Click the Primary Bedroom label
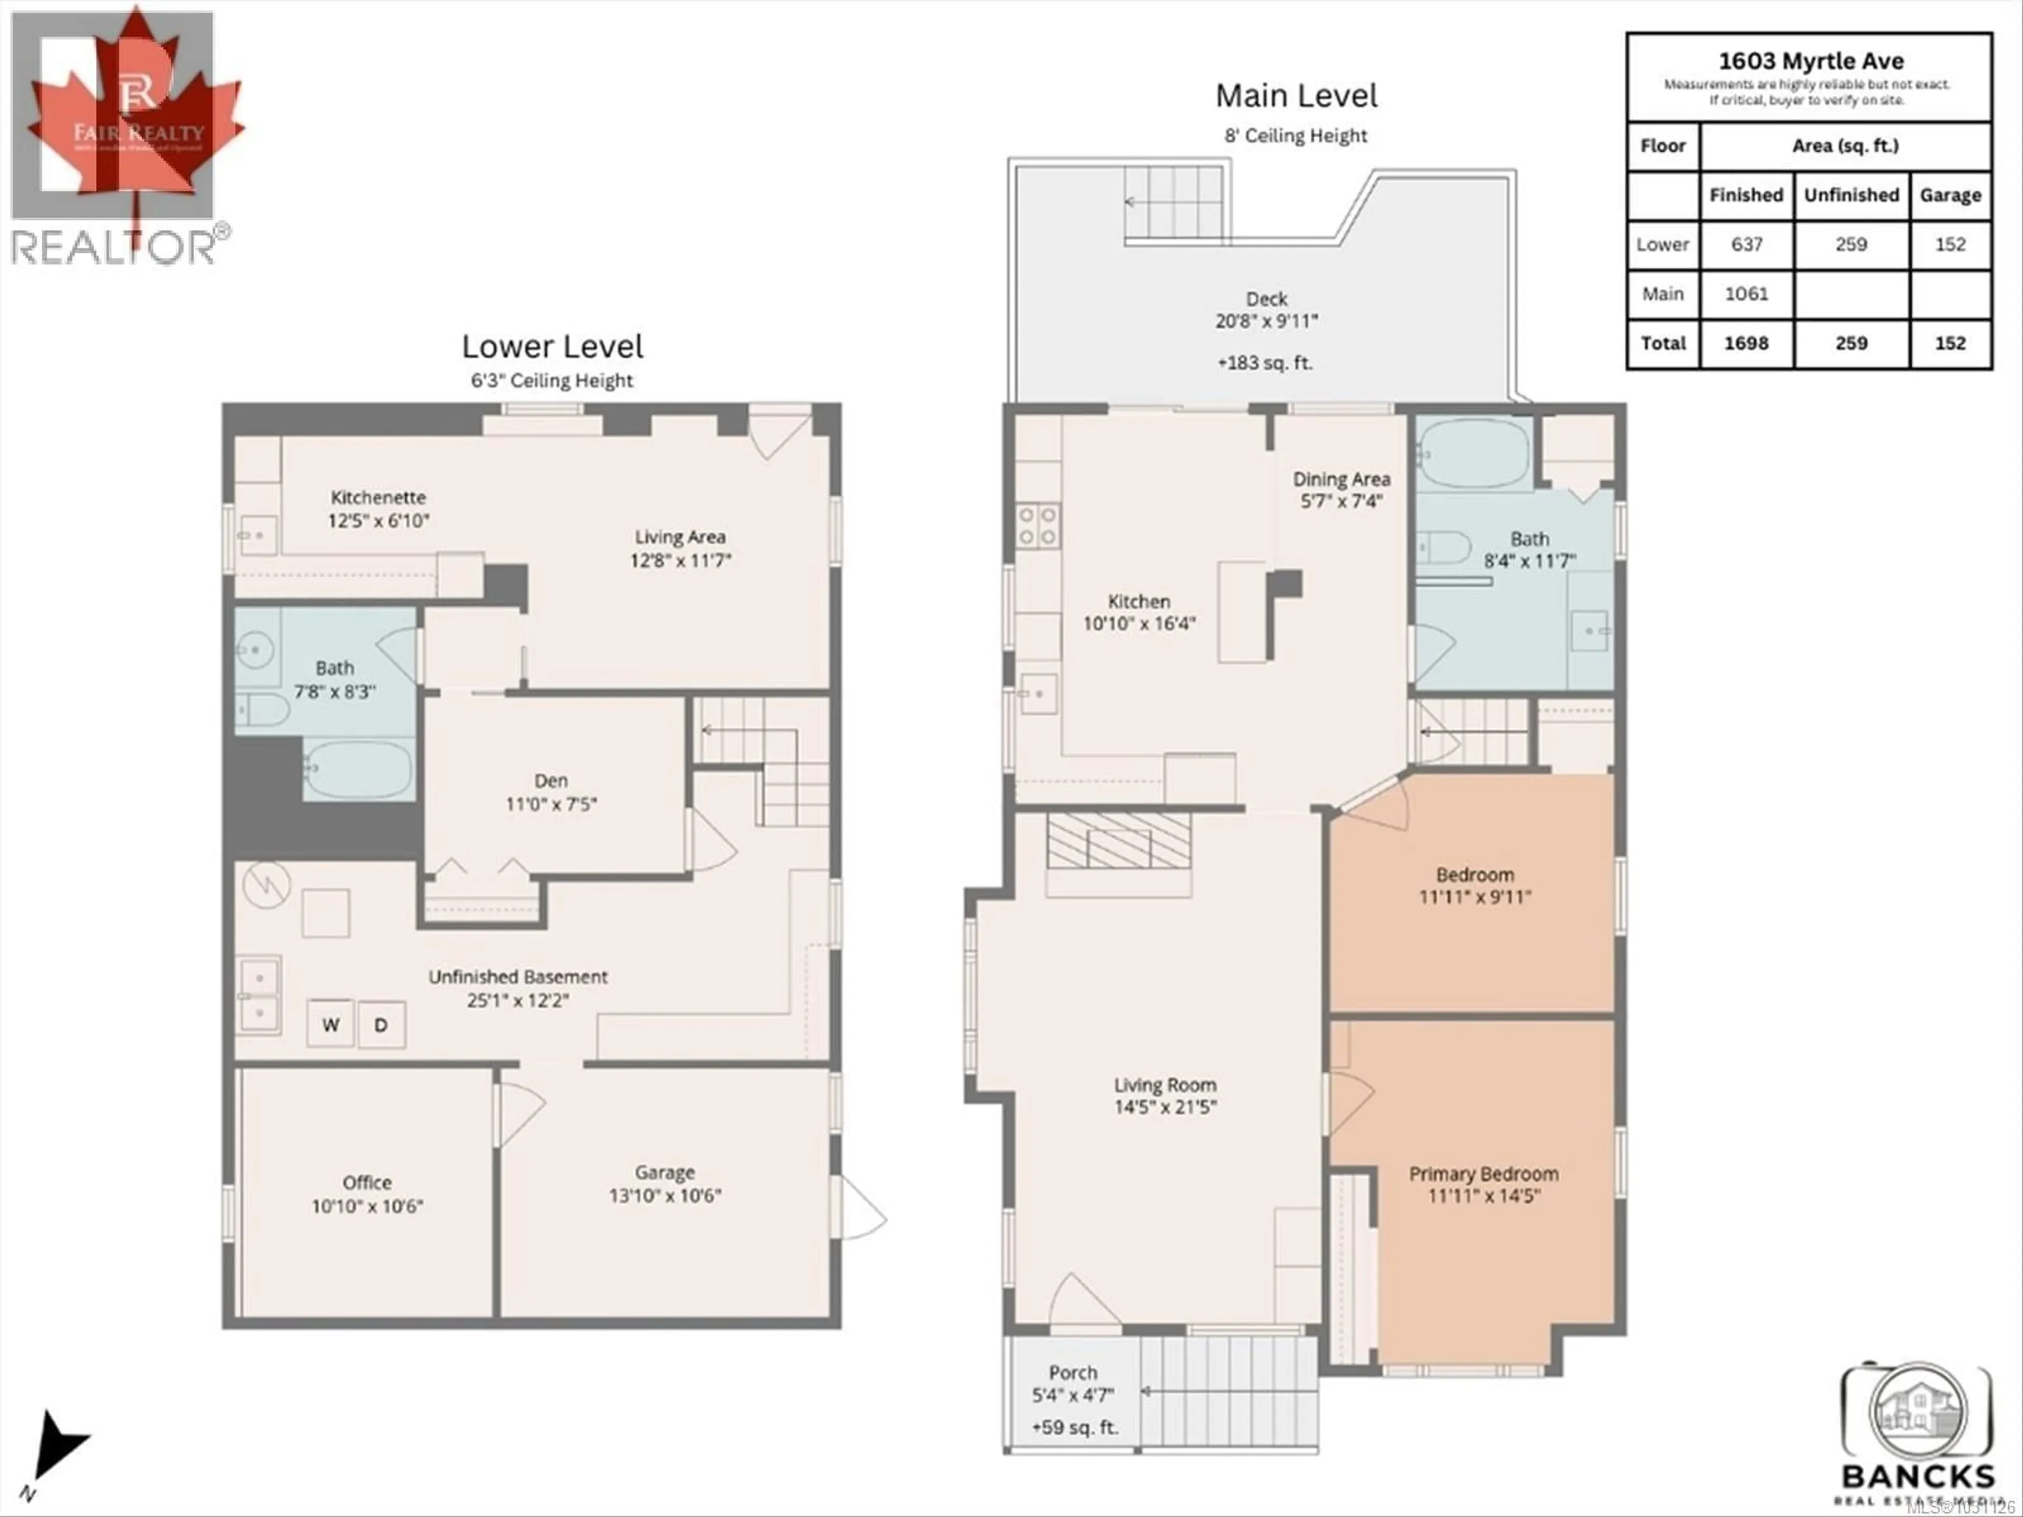pos(1484,1174)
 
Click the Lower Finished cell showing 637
pos(1746,244)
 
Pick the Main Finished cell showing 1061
pos(1746,293)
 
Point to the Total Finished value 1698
pos(1746,343)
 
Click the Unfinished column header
pos(1851,195)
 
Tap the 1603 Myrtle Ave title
pos(1810,61)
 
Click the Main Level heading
pos(1296,95)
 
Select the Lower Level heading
pos(553,347)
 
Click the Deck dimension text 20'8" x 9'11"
pos(1266,321)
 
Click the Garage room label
pos(665,1173)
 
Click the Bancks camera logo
pos(1918,1413)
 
